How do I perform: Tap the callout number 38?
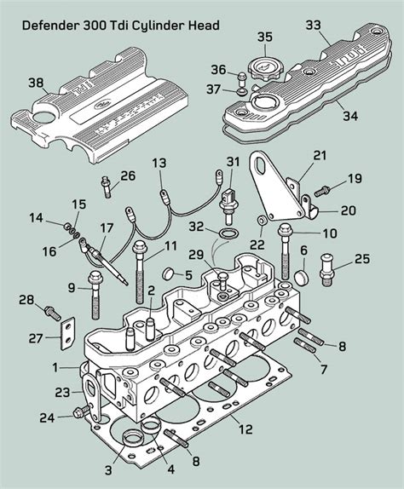point(35,83)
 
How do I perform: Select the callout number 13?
point(159,162)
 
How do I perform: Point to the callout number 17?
point(106,227)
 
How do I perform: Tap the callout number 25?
point(361,258)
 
